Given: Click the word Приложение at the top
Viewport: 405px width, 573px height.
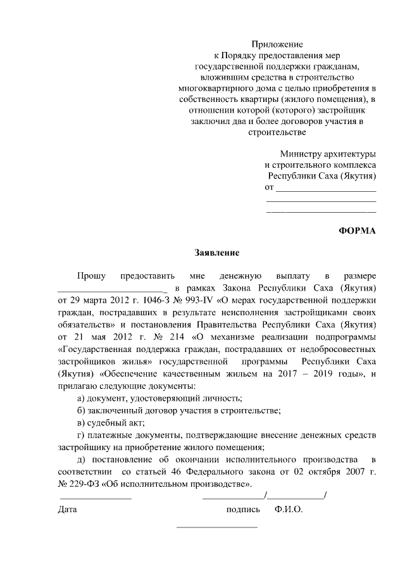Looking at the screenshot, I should click(x=277, y=44).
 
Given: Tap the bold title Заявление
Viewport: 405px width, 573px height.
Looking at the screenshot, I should click(x=216, y=253).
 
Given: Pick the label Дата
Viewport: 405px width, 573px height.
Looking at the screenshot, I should click(x=67, y=510).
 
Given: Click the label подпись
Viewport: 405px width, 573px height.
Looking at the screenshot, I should click(x=243, y=510).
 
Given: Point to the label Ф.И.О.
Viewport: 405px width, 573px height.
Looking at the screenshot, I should click(x=289, y=510).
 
